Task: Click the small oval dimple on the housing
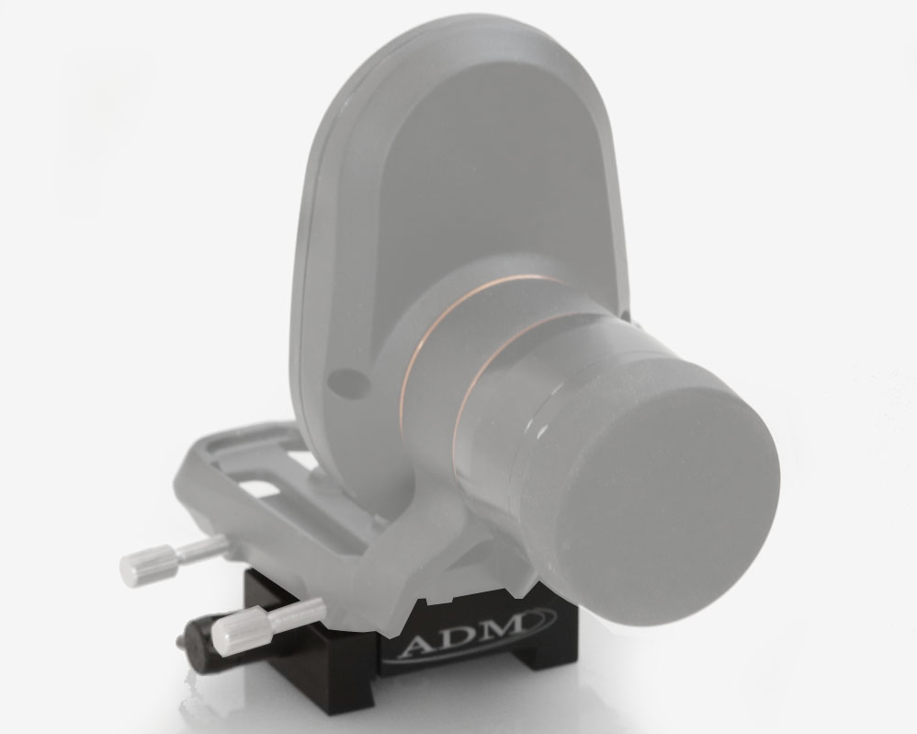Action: [348, 381]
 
